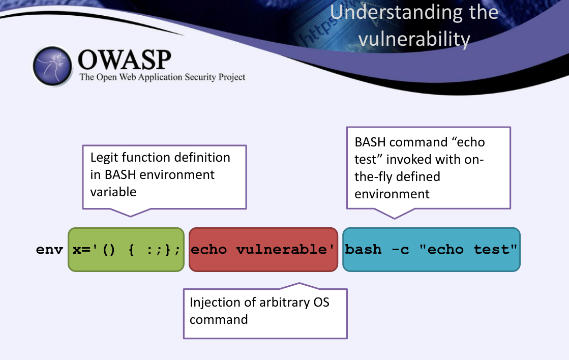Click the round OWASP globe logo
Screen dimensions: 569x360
tap(52, 66)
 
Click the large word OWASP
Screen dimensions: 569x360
tap(125, 59)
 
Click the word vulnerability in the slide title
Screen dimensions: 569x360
tap(414, 39)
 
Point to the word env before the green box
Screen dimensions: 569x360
tap(49, 250)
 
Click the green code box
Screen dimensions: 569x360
tap(126, 250)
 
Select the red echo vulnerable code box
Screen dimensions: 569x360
tap(263, 250)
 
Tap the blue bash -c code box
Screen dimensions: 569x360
tap(432, 250)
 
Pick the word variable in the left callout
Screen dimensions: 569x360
tap(113, 192)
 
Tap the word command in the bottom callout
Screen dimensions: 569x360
tap(219, 320)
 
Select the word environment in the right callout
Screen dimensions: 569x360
tap(392, 194)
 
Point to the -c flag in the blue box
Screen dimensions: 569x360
tap(400, 250)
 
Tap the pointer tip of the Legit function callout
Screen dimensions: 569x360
tap(130, 217)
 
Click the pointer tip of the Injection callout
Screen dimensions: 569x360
tap(300, 283)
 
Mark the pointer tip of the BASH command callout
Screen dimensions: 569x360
tap(395, 219)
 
